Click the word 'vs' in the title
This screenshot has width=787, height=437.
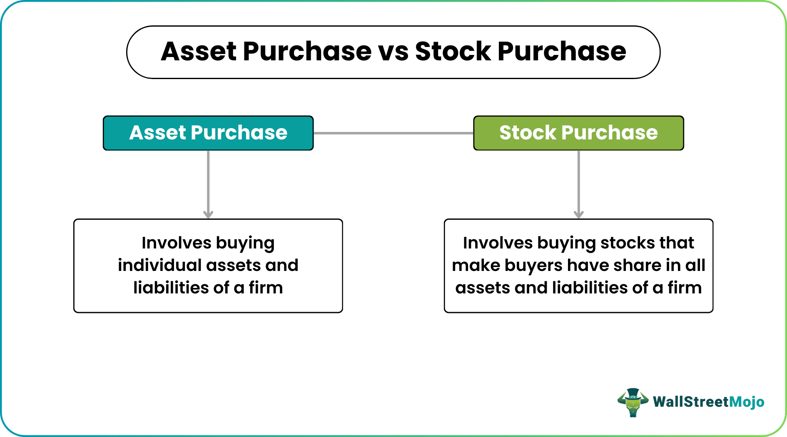tap(393, 52)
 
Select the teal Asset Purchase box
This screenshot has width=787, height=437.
tap(208, 133)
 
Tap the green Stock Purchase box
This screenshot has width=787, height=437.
tap(578, 133)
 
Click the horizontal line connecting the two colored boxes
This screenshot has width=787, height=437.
tap(393, 133)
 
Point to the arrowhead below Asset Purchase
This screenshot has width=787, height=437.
tap(208, 214)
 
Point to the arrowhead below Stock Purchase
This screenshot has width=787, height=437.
tap(578, 214)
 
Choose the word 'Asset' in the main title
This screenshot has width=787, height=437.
tap(199, 52)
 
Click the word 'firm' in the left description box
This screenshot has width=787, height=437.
tap(266, 288)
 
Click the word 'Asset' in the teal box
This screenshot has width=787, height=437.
tap(157, 133)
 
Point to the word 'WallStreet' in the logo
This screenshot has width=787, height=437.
tap(690, 402)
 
